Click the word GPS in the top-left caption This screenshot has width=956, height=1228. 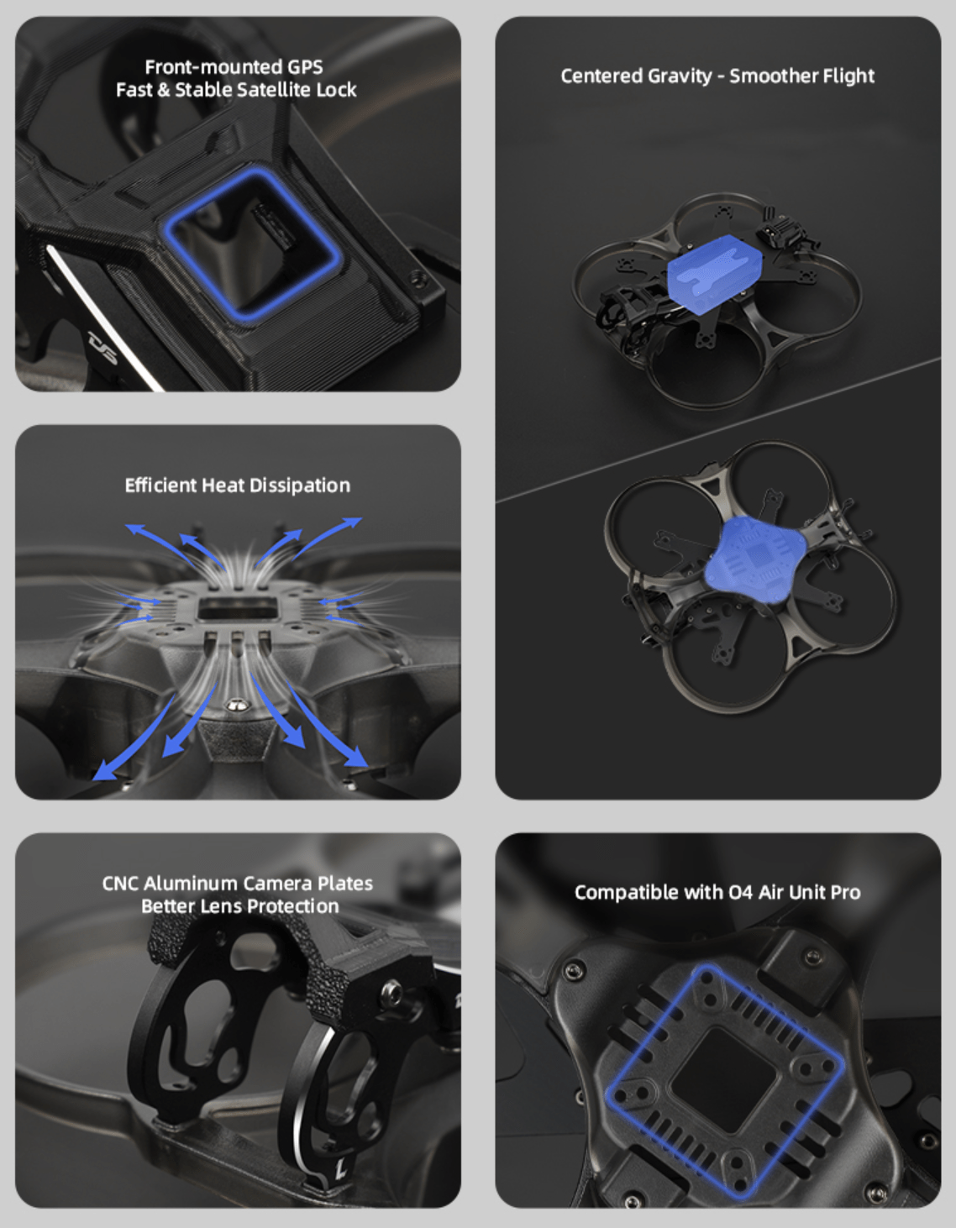(x=305, y=67)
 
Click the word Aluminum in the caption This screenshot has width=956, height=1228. (x=191, y=884)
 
